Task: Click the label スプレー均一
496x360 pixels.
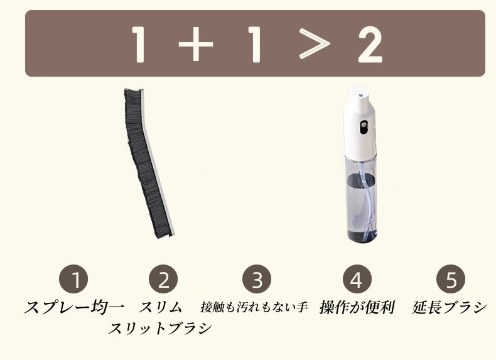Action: tap(74, 308)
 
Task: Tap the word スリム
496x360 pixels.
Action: tap(161, 308)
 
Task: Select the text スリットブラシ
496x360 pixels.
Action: tap(161, 329)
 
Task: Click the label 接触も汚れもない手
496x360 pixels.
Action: tap(254, 308)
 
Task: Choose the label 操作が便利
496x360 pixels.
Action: tap(357, 308)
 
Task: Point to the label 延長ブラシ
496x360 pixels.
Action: tap(450, 308)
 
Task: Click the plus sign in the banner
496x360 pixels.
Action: tap(195, 44)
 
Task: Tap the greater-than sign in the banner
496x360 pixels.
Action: tap(313, 44)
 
